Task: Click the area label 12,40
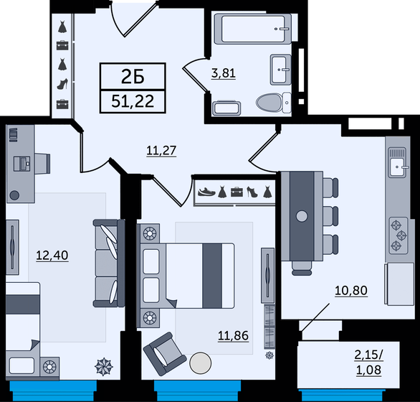coord(52,254)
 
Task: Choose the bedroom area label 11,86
coord(234,334)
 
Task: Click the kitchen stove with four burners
coord(396,235)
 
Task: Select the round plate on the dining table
coord(302,216)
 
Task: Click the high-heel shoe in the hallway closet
coord(62,84)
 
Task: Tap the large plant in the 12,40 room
coord(105,366)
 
